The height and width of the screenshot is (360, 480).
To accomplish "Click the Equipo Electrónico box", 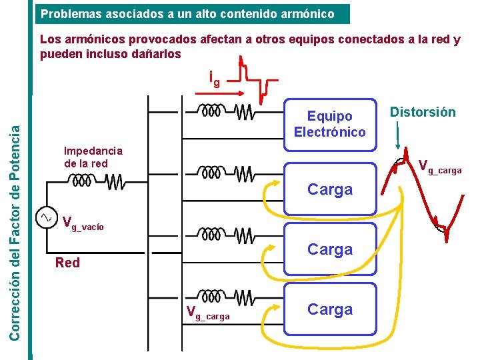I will (x=329, y=124).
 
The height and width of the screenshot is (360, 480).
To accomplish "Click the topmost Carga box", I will (x=329, y=189).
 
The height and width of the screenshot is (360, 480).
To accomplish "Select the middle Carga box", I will (x=329, y=249).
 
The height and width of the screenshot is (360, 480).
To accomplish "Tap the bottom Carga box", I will (x=329, y=309).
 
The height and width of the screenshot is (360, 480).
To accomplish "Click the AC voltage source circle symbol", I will (x=47, y=217).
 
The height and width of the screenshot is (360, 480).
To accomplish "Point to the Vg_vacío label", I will (x=83, y=223).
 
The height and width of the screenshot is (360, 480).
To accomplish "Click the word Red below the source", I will (x=67, y=263).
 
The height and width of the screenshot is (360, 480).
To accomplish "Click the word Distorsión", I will (x=423, y=112).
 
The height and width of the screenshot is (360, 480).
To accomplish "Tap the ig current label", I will (x=214, y=79).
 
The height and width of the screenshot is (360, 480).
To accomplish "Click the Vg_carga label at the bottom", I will (x=208, y=312).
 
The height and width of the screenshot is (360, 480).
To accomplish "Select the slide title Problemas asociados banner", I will (x=193, y=13).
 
